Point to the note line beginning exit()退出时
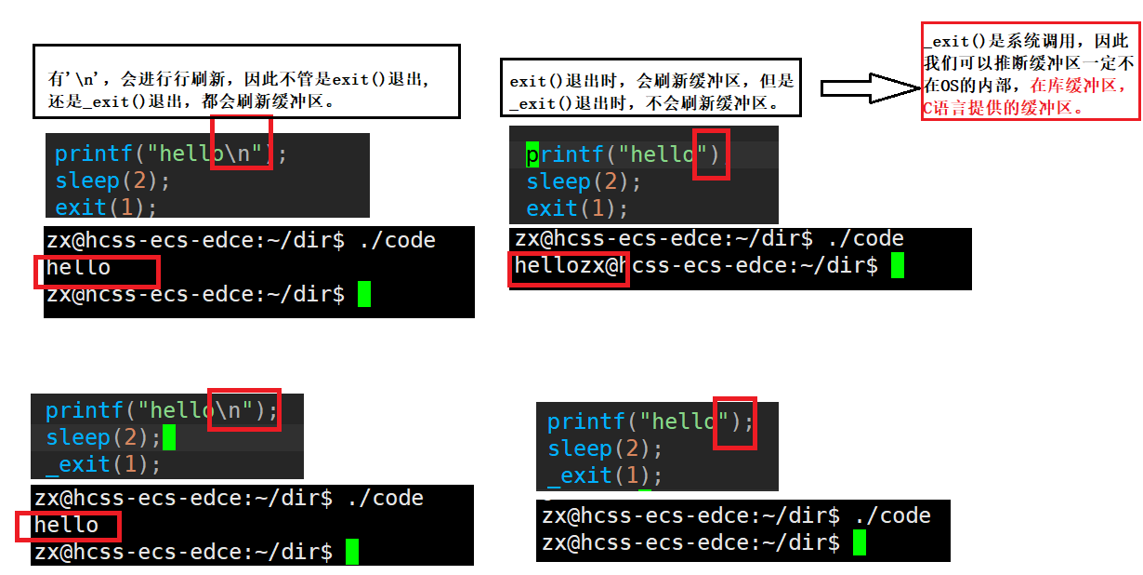point(651,81)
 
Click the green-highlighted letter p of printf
point(532,154)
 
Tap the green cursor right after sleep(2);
point(169,437)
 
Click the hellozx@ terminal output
point(569,266)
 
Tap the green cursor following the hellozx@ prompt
point(898,266)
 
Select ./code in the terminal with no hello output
point(892,515)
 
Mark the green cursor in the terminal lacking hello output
point(859,542)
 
